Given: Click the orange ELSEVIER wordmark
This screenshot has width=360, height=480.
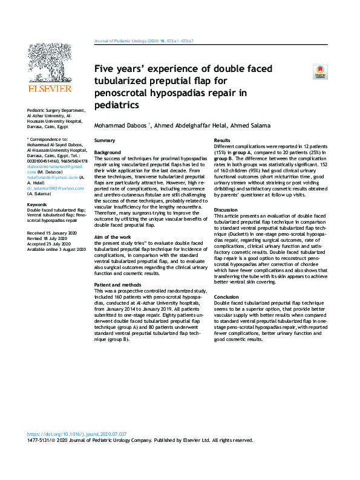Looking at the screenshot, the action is pos(50,88).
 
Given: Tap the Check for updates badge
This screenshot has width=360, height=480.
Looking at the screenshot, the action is pos(318,73).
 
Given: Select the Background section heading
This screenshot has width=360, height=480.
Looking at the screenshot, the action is pos(108,152).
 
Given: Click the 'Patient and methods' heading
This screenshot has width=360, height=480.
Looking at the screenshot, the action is pos(119,284).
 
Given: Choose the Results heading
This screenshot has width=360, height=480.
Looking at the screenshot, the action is pos(223,140).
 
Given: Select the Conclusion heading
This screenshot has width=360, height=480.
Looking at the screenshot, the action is pos(227,297).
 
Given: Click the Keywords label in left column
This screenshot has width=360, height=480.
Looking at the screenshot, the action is pos(38,205).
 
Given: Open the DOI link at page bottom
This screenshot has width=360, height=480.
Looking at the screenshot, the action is pos(77,435).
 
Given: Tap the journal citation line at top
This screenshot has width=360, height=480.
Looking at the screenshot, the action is pos(145,42).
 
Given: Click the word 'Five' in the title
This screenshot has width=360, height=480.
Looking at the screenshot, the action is pos(108,69).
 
